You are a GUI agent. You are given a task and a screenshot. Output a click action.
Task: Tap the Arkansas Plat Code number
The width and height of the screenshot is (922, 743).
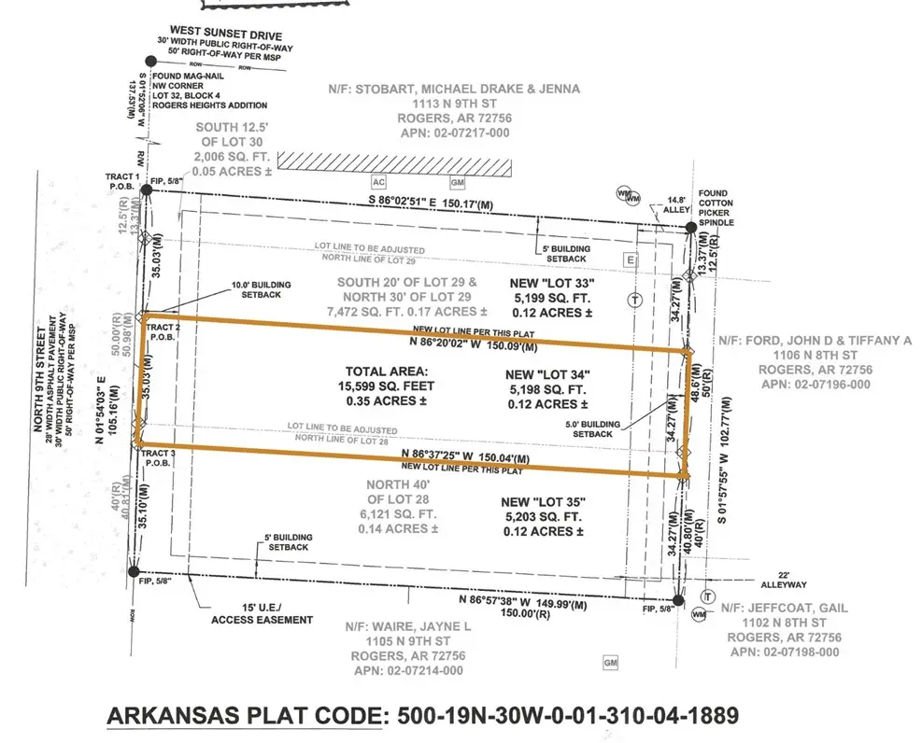click(568, 715)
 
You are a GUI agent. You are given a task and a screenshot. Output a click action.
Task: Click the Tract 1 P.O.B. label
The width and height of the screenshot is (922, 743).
click(124, 182)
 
